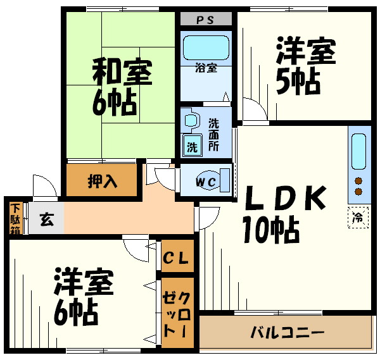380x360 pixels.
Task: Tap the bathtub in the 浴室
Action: (206, 47)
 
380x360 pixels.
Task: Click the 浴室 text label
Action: (206, 68)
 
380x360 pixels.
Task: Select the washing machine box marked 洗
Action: (192, 147)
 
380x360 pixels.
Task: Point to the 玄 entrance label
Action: (46, 220)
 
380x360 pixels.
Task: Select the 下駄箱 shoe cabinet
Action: (15, 217)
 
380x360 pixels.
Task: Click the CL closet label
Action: (177, 258)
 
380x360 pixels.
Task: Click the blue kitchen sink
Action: (358, 152)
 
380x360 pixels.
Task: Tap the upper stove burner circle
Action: (358, 180)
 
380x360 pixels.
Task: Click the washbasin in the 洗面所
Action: (191, 120)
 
